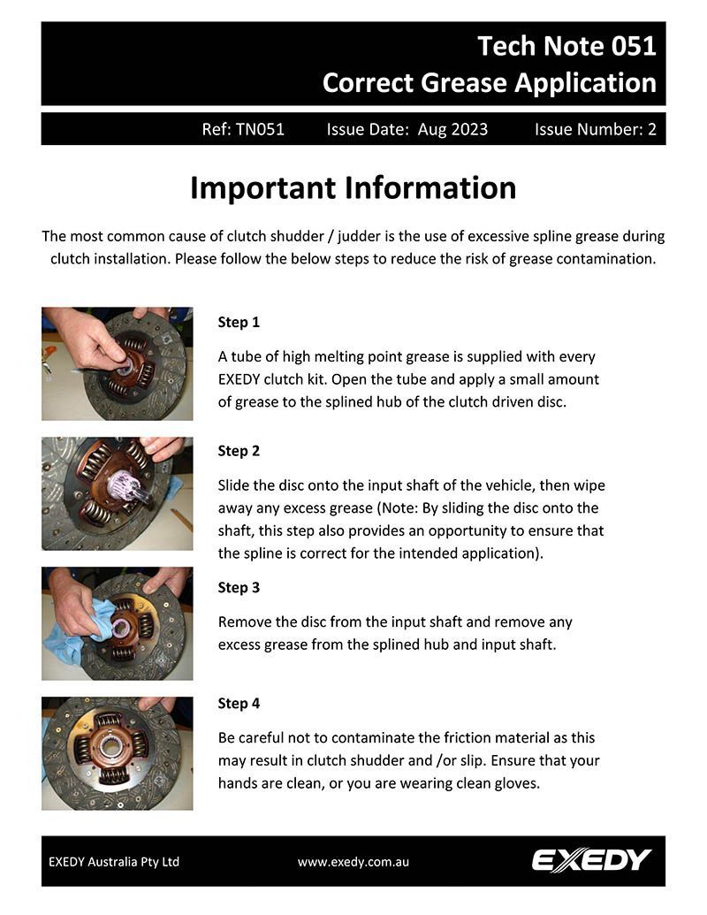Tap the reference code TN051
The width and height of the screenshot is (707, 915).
[260, 129]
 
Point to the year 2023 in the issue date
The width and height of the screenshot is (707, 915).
[468, 129]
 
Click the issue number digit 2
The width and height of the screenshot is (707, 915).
[651, 129]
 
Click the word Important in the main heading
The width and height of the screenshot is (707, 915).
[262, 188]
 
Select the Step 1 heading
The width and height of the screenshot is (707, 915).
[239, 322]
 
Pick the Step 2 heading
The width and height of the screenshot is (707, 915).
[239, 451]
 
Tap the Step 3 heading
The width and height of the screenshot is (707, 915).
[239, 587]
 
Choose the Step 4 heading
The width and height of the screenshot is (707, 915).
[239, 703]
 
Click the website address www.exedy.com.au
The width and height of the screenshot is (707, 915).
[353, 862]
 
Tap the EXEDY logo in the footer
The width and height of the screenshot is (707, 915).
[591, 860]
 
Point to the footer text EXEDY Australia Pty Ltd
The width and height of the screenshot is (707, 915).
[114, 862]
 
